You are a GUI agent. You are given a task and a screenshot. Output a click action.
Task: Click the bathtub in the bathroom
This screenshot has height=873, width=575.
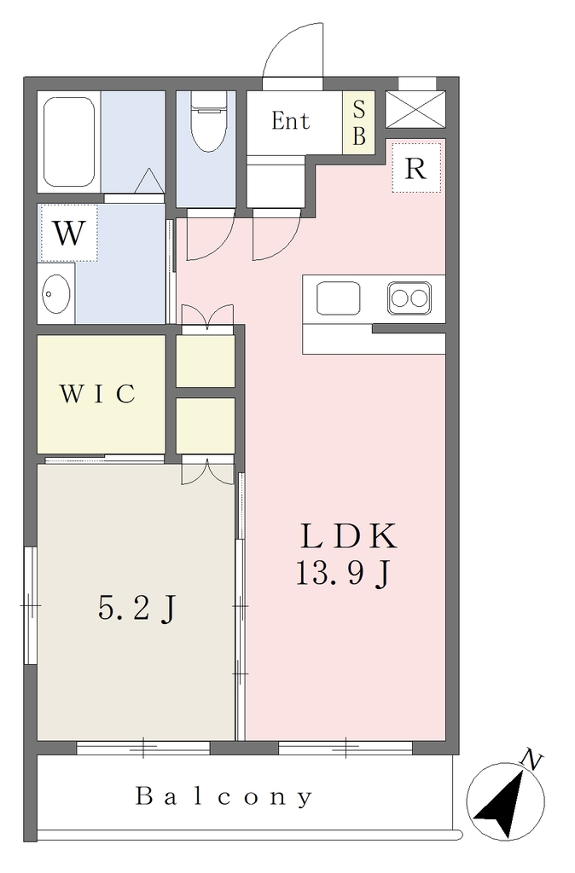(x=68, y=142)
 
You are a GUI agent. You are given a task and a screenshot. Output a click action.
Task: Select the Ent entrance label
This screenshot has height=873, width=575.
(x=290, y=121)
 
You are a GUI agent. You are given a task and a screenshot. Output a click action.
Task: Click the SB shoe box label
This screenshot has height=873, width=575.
(x=359, y=122)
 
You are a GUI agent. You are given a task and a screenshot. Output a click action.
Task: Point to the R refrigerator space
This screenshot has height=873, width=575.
(x=415, y=168)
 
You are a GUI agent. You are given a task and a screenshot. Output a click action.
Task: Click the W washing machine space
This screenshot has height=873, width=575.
(x=68, y=233)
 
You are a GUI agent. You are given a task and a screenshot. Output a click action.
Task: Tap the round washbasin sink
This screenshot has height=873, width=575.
(x=56, y=293)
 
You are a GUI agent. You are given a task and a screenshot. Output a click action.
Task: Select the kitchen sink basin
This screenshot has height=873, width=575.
(x=338, y=298)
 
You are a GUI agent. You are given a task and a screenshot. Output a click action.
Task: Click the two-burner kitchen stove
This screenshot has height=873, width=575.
(x=409, y=298)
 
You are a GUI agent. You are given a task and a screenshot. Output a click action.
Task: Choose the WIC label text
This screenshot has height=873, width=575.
(x=97, y=394)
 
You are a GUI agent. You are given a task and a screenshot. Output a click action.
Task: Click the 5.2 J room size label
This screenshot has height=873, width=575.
(x=137, y=607)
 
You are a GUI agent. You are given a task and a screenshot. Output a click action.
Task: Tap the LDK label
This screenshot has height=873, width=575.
(x=349, y=536)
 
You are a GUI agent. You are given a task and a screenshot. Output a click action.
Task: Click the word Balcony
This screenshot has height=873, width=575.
(x=224, y=797)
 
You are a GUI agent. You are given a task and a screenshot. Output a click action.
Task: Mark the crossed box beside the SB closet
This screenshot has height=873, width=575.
(x=415, y=109)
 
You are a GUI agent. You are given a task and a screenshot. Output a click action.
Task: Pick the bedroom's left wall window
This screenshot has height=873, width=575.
(x=31, y=605)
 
